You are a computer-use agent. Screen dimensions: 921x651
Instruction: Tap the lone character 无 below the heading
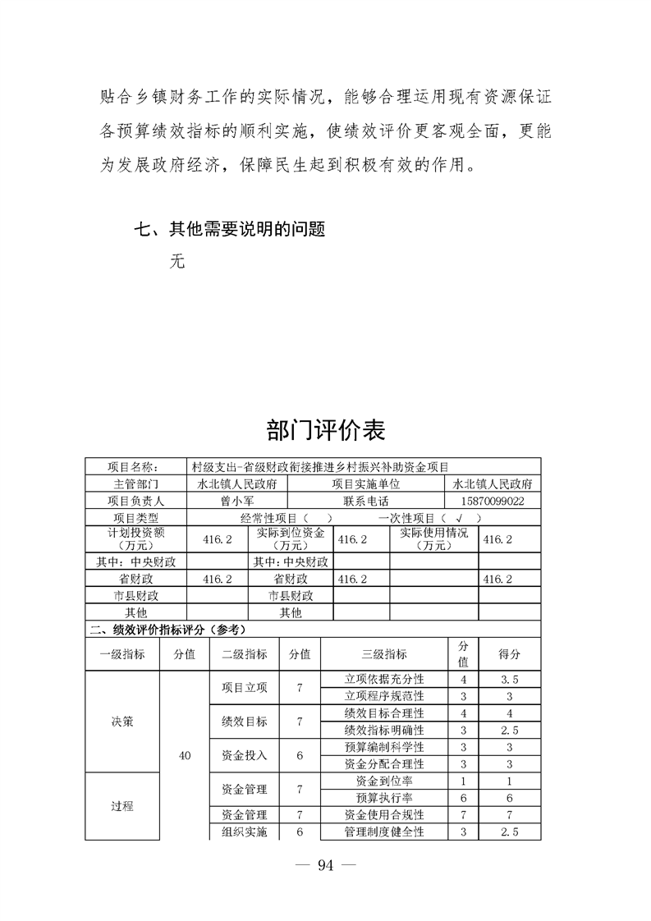pos(177,262)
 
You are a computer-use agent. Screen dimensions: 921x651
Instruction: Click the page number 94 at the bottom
pos(326,864)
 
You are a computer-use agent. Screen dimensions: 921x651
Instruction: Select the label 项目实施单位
pos(365,483)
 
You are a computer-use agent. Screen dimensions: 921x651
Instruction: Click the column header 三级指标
pos(383,654)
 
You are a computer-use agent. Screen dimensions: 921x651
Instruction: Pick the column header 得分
pos(509,654)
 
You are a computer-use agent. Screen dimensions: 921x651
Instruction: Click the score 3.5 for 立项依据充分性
pos(509,680)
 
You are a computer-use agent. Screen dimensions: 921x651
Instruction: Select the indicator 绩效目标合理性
pos(383,713)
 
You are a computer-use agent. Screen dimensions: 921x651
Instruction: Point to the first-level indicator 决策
pos(122,722)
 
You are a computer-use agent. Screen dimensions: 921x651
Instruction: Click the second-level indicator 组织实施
pos(244,832)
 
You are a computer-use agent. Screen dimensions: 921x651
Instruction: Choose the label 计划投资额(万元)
pos(136,538)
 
